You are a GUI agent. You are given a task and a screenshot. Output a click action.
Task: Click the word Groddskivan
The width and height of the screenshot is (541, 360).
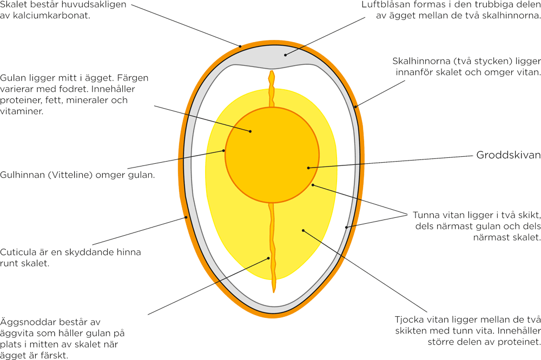coord(508,155)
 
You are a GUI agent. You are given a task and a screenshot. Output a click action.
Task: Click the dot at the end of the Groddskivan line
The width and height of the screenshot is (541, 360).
coord(308,168)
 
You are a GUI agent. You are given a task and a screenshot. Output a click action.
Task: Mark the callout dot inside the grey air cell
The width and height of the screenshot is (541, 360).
coord(286,54)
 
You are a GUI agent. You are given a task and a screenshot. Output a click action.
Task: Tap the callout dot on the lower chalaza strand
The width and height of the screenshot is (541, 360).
coord(268,258)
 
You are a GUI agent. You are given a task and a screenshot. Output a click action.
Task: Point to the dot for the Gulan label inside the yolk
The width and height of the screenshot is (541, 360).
coord(250,131)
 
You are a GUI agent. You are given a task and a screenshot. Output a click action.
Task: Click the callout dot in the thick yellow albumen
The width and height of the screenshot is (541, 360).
coord(304,231)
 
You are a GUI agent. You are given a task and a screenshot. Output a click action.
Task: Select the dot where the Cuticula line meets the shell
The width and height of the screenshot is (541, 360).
coord(186,217)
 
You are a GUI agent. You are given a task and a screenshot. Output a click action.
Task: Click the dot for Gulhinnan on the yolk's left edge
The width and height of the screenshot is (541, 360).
coord(225,151)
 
